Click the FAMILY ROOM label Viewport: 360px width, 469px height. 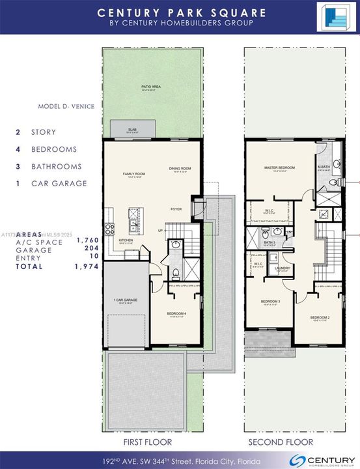134,174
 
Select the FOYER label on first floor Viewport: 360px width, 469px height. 176,209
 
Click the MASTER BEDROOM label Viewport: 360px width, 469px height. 279,167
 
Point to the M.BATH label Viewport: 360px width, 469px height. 324,167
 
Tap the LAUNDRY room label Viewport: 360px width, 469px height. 282,268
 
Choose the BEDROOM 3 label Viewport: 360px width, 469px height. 270,302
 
